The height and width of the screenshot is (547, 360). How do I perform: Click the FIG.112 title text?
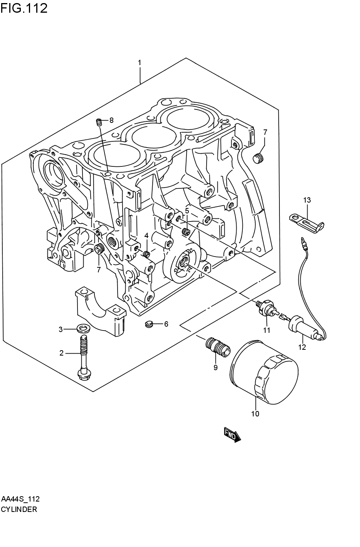tap(24, 8)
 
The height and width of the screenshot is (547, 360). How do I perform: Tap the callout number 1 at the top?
tap(140, 62)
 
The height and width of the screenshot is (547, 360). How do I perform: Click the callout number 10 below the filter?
tap(255, 414)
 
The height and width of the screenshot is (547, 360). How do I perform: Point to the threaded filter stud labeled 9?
tap(218, 346)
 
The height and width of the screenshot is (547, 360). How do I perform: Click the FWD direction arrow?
tap(232, 435)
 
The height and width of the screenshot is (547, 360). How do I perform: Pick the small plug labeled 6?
tap(149, 324)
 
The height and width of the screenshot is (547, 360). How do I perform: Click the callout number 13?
tap(307, 200)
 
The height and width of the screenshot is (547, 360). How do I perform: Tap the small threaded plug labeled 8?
tap(99, 122)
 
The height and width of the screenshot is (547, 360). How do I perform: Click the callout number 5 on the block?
tap(187, 211)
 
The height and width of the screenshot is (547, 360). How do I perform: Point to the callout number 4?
tap(146, 235)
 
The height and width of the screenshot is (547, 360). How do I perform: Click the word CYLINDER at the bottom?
tap(19, 509)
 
